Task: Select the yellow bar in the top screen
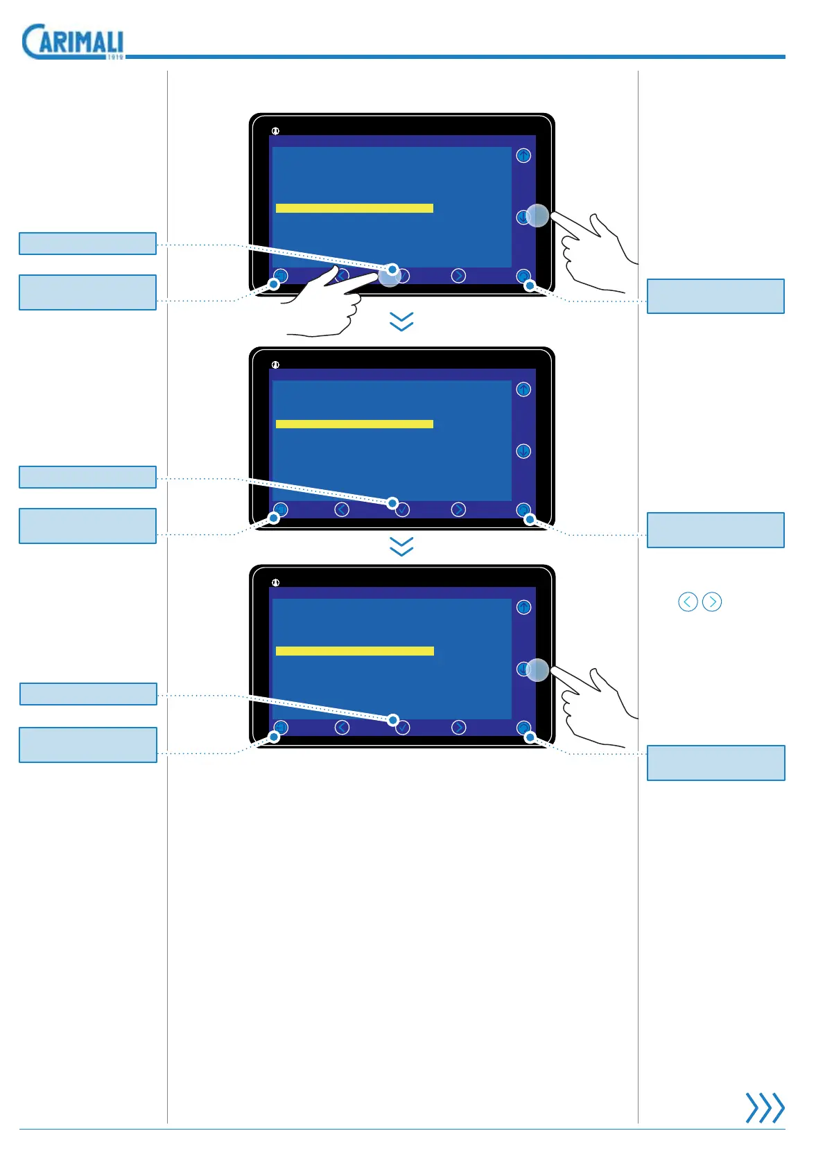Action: click(x=354, y=208)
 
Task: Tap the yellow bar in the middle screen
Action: click(x=354, y=423)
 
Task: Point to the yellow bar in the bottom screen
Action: click(x=354, y=651)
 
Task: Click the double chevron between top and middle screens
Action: click(x=401, y=322)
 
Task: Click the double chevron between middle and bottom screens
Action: click(x=401, y=547)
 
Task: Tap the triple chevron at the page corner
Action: click(x=765, y=1107)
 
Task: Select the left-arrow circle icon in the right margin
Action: click(x=688, y=602)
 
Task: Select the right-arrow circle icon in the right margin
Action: click(x=712, y=602)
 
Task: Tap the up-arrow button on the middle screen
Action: click(x=523, y=389)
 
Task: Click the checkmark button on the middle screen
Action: click(x=402, y=510)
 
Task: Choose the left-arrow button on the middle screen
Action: click(x=342, y=509)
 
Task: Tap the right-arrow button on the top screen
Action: click(x=458, y=276)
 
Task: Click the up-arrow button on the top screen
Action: click(x=523, y=156)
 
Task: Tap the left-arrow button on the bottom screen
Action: click(x=342, y=727)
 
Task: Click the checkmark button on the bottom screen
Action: click(x=403, y=728)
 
